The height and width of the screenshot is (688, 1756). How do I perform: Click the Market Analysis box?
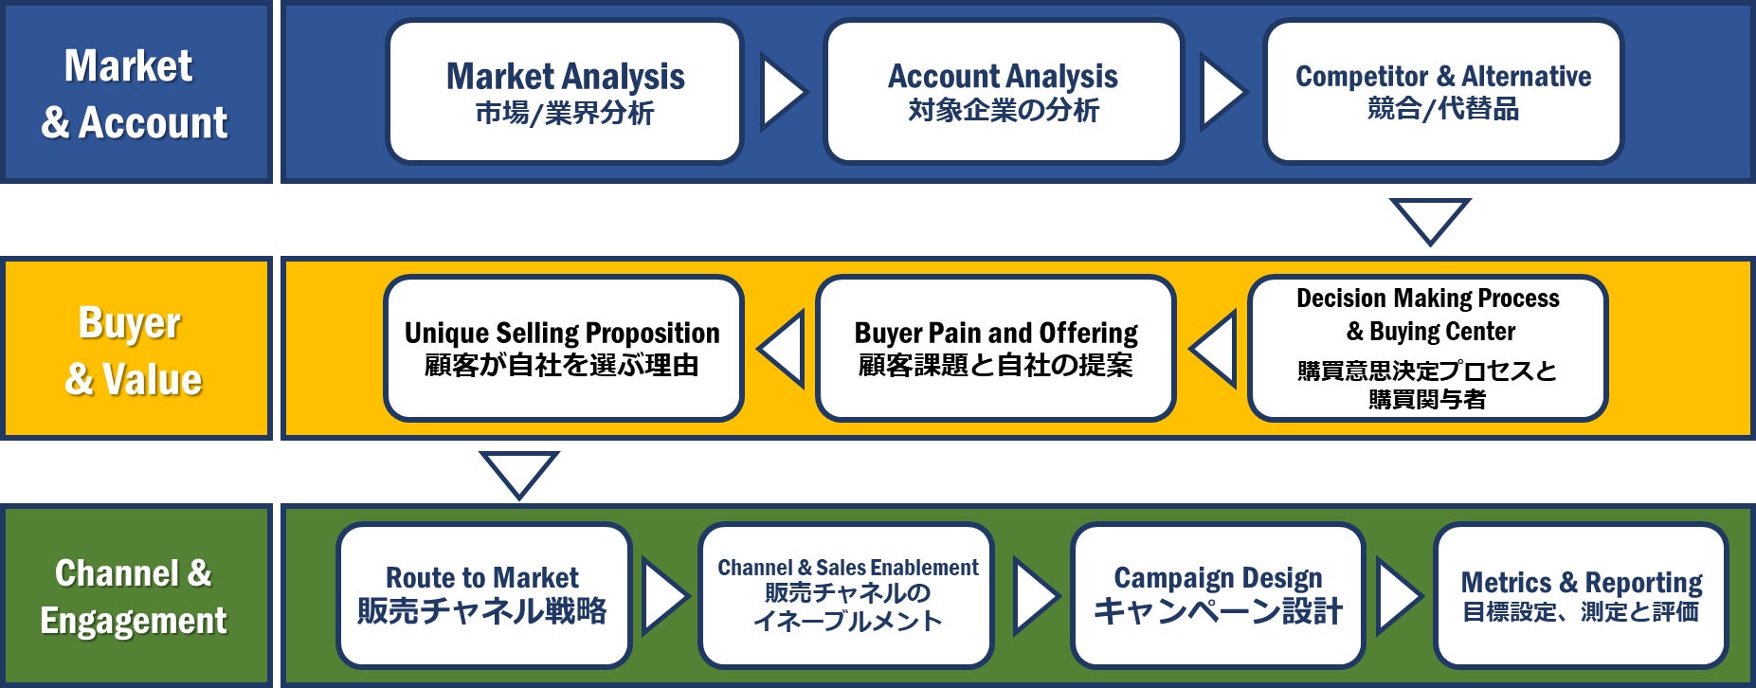(x=565, y=92)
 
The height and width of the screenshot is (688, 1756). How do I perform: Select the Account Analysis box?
(x=1004, y=92)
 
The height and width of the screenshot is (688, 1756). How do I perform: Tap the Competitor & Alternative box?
(x=1443, y=92)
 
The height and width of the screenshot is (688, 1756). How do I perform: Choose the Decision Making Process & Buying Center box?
(x=1427, y=348)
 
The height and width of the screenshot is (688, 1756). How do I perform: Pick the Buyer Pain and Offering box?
(x=996, y=348)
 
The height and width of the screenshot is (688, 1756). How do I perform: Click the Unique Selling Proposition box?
(x=563, y=348)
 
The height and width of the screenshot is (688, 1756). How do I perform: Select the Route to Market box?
(x=483, y=595)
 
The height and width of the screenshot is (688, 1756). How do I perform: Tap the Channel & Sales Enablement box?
(x=846, y=595)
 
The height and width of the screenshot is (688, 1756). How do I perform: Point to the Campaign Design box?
(x=1218, y=595)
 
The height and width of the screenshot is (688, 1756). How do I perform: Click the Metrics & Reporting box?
(x=1581, y=595)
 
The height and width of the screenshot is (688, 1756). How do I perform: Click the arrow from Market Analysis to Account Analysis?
(x=783, y=93)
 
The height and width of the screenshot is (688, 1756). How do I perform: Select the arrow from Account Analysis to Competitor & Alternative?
(x=1223, y=93)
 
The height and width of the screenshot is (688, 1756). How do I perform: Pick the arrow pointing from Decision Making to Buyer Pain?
(x=1213, y=349)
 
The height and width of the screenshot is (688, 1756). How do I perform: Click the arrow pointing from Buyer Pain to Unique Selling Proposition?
(x=781, y=349)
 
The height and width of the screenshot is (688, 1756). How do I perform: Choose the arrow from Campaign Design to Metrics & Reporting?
(x=1400, y=596)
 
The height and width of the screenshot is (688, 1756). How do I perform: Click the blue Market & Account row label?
(x=136, y=92)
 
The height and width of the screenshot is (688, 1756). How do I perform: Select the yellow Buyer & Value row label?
(x=136, y=348)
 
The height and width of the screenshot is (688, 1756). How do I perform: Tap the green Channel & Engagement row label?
(x=136, y=595)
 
